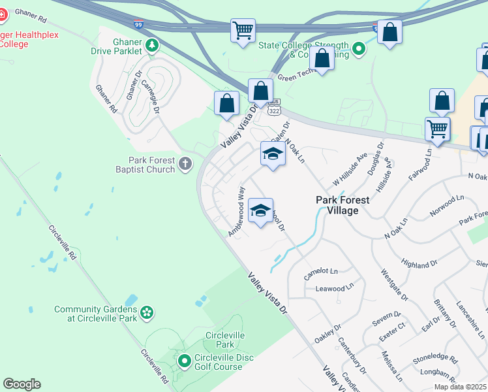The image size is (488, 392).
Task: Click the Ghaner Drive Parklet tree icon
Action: coord(151,45)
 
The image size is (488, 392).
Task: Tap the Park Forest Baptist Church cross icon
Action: coord(186,163)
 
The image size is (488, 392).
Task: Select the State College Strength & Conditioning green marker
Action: coord(358,48)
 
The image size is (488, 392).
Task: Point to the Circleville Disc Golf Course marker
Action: coord(185,360)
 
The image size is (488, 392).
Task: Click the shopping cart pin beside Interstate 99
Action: coord(243,30)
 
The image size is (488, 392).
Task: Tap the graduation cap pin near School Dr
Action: coord(260,210)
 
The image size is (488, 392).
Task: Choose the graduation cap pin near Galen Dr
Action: coord(273,154)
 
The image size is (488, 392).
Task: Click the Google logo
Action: coord(22,384)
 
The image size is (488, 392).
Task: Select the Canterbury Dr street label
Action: coord(352,355)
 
